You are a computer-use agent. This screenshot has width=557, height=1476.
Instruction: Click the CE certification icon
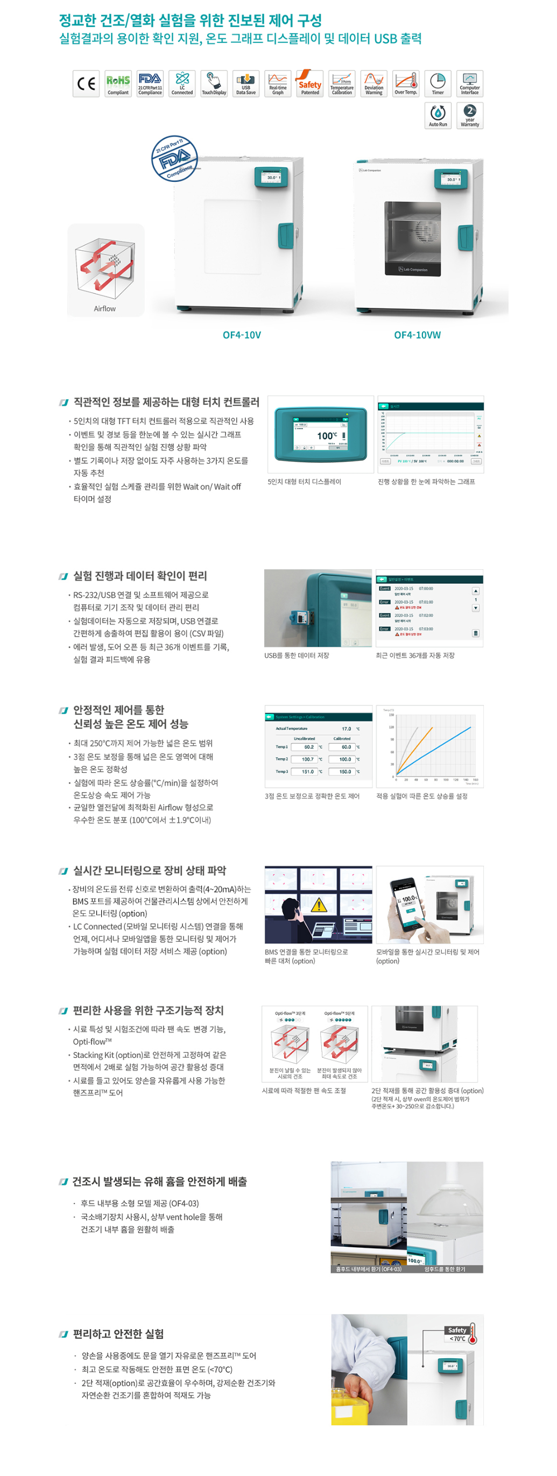click(86, 83)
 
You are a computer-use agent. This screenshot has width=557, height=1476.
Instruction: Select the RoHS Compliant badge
click(118, 83)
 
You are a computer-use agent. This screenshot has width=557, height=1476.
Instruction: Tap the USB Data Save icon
click(246, 83)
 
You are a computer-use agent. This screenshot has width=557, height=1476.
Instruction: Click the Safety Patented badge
click(309, 83)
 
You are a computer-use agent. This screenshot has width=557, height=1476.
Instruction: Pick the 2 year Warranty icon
click(469, 116)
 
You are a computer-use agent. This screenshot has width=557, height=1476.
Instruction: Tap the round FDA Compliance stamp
click(175, 159)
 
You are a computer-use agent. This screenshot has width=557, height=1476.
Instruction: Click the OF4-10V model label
click(241, 335)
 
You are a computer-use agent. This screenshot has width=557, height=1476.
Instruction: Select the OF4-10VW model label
click(417, 335)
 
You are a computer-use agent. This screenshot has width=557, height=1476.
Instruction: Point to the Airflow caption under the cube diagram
click(104, 309)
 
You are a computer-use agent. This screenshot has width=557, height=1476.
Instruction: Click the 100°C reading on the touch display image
click(327, 436)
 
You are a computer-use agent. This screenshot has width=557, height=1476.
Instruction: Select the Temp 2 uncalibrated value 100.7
click(308, 759)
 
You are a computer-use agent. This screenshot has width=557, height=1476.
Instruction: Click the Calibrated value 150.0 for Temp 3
click(345, 772)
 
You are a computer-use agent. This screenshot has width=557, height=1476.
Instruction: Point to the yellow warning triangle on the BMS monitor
click(318, 905)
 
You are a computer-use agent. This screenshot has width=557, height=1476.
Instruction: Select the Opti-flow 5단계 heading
click(339, 1013)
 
